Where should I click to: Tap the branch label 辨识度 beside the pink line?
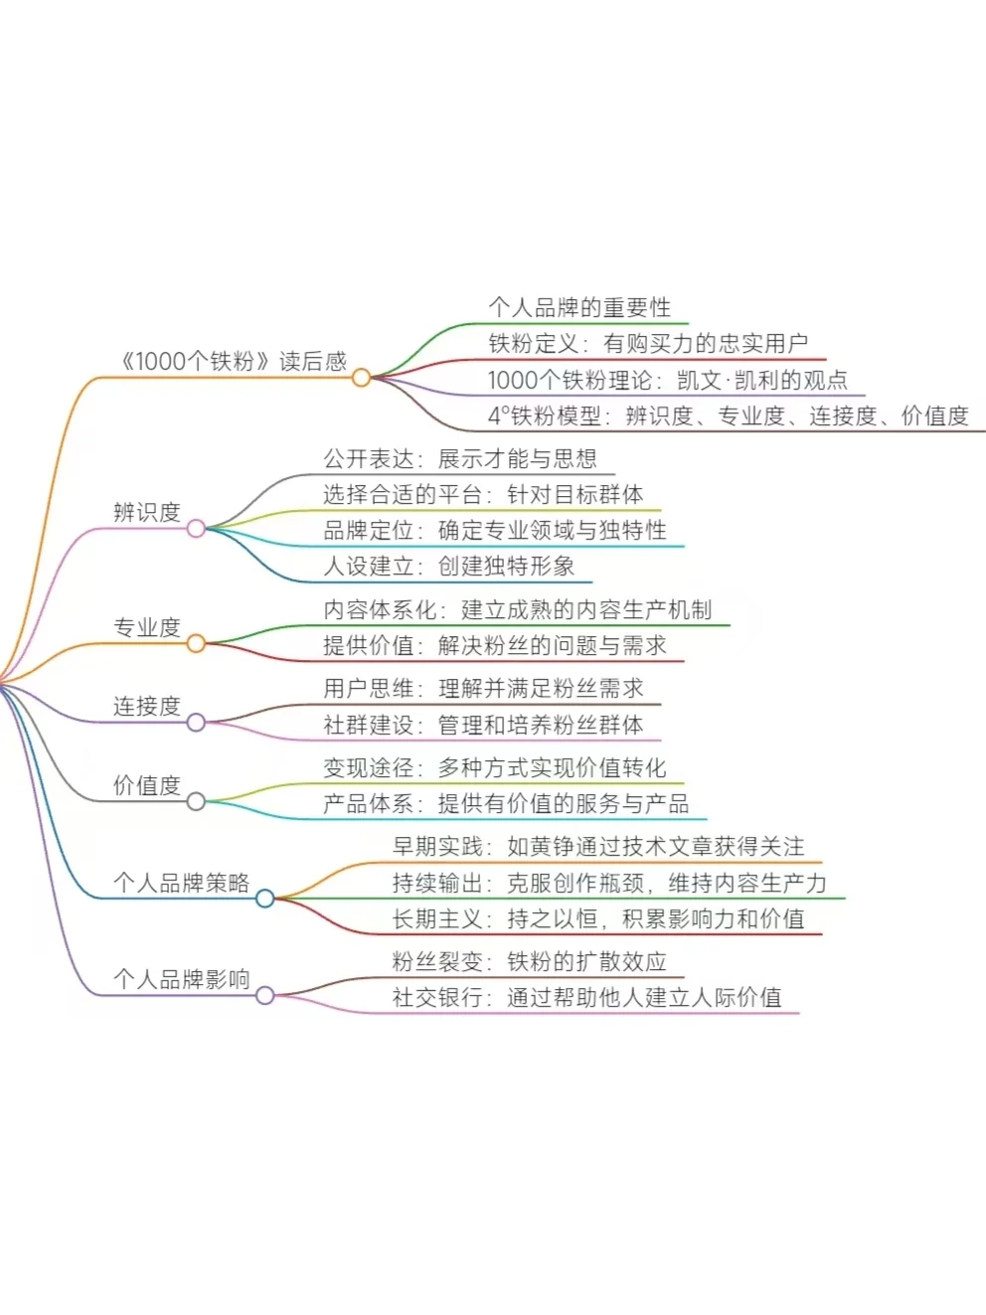147,512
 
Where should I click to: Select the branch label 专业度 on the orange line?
147,627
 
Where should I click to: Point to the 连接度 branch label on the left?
147,706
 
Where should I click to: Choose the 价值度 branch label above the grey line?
147,785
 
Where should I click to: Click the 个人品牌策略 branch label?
181,883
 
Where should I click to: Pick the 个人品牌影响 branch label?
181,979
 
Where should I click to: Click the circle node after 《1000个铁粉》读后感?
361,378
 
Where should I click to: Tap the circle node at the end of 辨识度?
196,529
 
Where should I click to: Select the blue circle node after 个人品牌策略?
264,899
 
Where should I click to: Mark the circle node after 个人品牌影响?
264,995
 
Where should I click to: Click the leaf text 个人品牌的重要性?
579,307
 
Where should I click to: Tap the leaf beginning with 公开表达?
460,458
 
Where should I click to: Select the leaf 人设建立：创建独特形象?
449,567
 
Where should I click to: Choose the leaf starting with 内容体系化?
518,609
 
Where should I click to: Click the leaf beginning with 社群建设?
483,725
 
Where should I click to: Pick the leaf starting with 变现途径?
495,767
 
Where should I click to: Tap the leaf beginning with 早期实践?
598,846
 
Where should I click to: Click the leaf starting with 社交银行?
587,997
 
